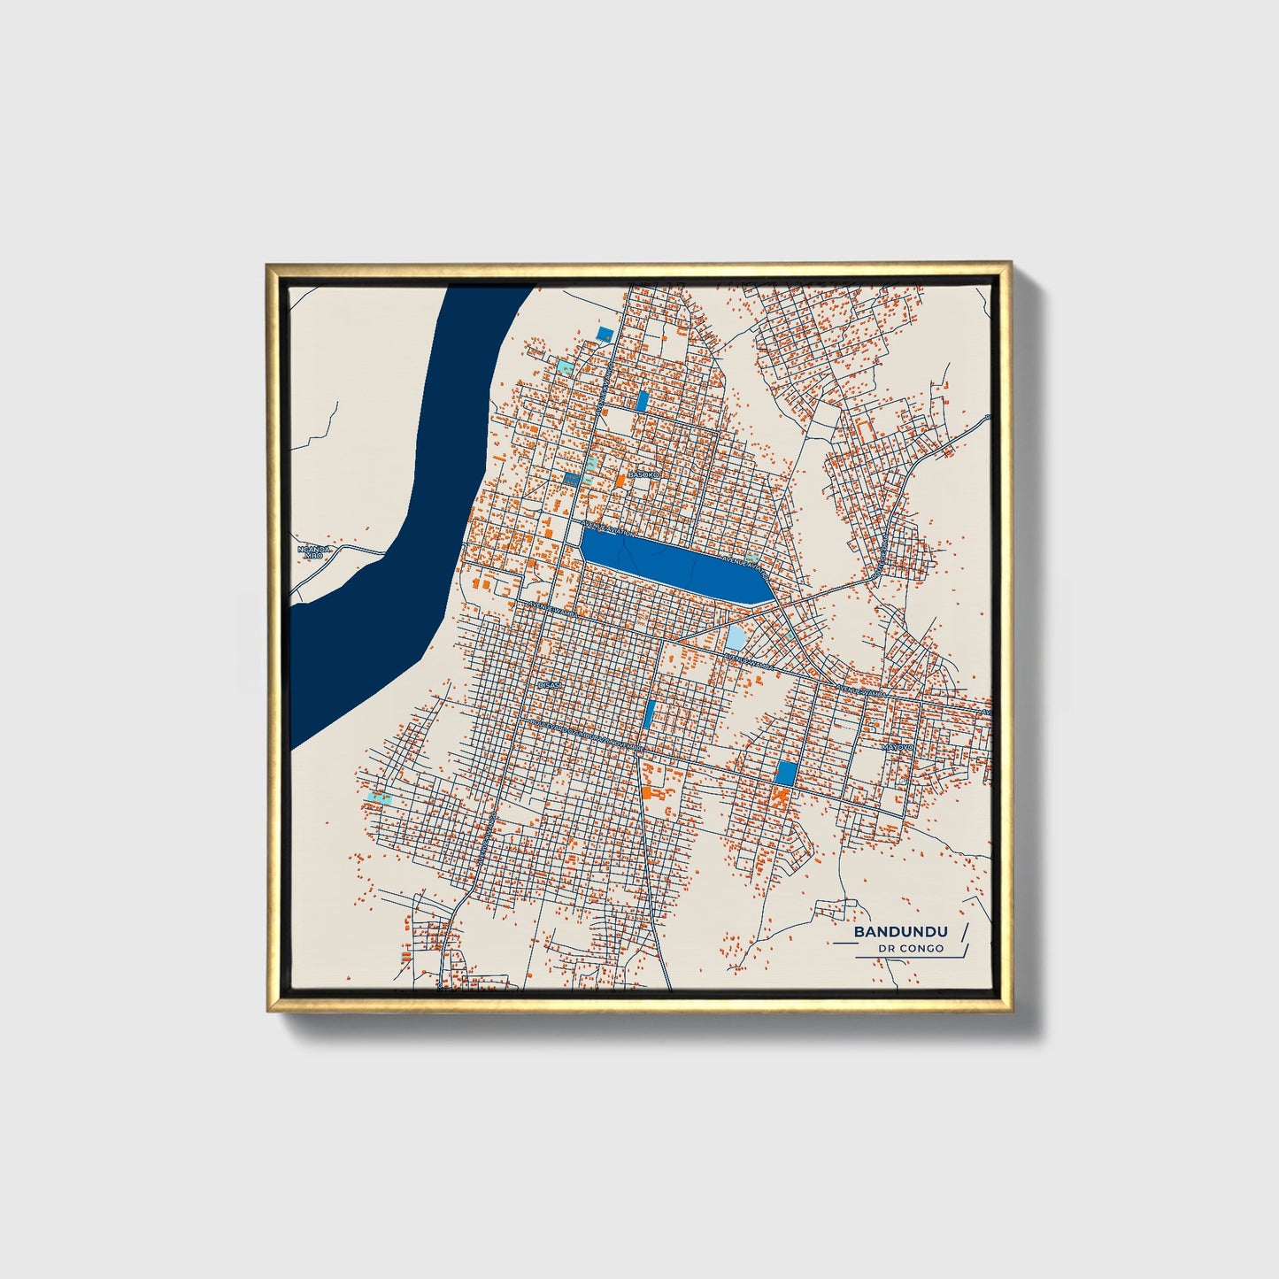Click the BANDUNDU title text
click(x=900, y=932)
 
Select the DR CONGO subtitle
click(x=911, y=949)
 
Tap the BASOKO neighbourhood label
click(x=643, y=475)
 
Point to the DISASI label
click(x=550, y=684)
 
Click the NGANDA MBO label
click(x=313, y=552)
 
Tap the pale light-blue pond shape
click(x=736, y=637)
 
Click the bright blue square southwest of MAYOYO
click(x=785, y=773)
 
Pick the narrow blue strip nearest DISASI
click(x=650, y=713)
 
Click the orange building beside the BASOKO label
click(x=620, y=479)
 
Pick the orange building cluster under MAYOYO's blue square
click(x=780, y=797)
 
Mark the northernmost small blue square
click(x=605, y=333)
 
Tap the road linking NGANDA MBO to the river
click(x=358, y=550)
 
